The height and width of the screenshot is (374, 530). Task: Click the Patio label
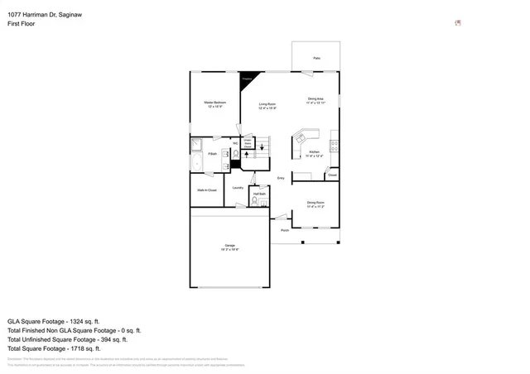(316, 58)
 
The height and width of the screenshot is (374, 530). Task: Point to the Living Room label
(267, 106)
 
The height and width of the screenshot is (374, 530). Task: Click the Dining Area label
(316, 100)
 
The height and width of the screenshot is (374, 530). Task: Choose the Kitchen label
(315, 154)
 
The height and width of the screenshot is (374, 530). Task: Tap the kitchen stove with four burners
(334, 146)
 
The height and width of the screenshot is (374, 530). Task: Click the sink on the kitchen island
(303, 135)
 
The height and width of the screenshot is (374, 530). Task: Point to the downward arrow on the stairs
(263, 147)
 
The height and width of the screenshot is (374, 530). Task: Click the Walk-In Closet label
(207, 190)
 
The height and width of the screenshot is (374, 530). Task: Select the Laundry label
(238, 188)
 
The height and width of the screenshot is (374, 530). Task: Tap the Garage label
(229, 247)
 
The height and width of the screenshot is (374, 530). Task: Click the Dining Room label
(316, 204)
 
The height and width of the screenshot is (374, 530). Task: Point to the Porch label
(284, 229)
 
